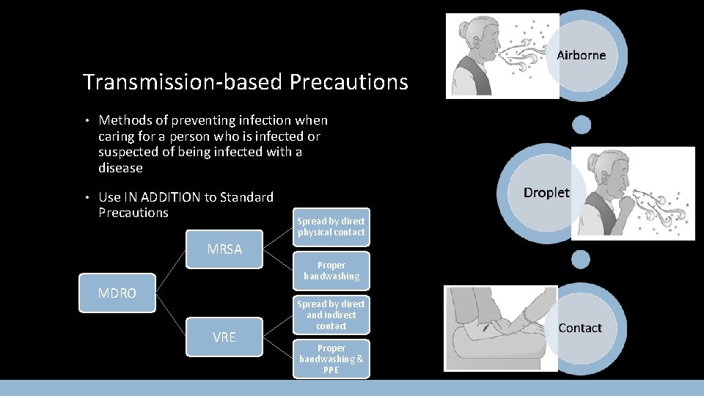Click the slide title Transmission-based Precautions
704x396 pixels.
pyautogui.click(x=245, y=81)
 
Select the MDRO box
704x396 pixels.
pyautogui.click(x=117, y=293)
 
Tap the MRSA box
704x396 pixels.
pyautogui.click(x=224, y=249)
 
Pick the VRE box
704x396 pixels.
pyautogui.click(x=224, y=337)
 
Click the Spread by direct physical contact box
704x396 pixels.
pyautogui.click(x=331, y=227)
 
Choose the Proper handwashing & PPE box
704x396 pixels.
pyautogui.click(x=331, y=359)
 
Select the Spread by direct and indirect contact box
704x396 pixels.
pyautogui.click(x=331, y=315)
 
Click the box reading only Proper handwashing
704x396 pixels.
pyautogui.click(x=331, y=271)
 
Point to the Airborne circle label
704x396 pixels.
pyautogui.click(x=581, y=55)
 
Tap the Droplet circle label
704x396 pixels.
pyautogui.click(x=546, y=192)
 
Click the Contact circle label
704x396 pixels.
pyautogui.click(x=579, y=328)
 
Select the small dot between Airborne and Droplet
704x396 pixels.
pyautogui.click(x=582, y=125)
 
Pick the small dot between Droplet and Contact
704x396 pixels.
pyautogui.click(x=582, y=258)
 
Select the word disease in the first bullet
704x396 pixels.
pyautogui.click(x=120, y=168)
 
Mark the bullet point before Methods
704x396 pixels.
pyautogui.click(x=86, y=120)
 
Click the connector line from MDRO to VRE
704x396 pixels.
pyautogui.click(x=171, y=315)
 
